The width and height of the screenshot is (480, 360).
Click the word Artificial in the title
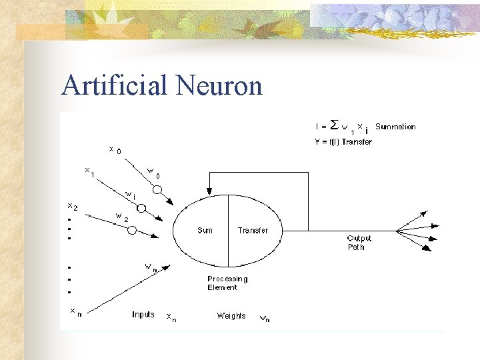point(114,85)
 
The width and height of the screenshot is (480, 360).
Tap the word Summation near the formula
point(395,127)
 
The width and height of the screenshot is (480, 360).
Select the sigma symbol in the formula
point(334,125)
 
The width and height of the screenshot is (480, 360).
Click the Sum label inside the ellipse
point(205,231)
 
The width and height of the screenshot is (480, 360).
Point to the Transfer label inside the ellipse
point(253,231)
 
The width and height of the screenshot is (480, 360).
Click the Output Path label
point(359,243)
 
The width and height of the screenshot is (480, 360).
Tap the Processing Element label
point(227,283)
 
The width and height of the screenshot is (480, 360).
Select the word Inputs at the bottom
point(143,315)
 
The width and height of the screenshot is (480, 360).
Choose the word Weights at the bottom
point(231,315)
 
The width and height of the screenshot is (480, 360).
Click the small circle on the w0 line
point(157,189)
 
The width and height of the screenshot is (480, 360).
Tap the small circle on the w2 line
point(132,230)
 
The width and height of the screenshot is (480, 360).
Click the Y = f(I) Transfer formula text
point(343,141)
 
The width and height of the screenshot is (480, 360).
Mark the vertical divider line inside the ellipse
point(229,230)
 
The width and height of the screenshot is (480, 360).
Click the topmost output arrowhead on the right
point(424,214)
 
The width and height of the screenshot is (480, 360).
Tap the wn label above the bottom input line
point(151,267)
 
